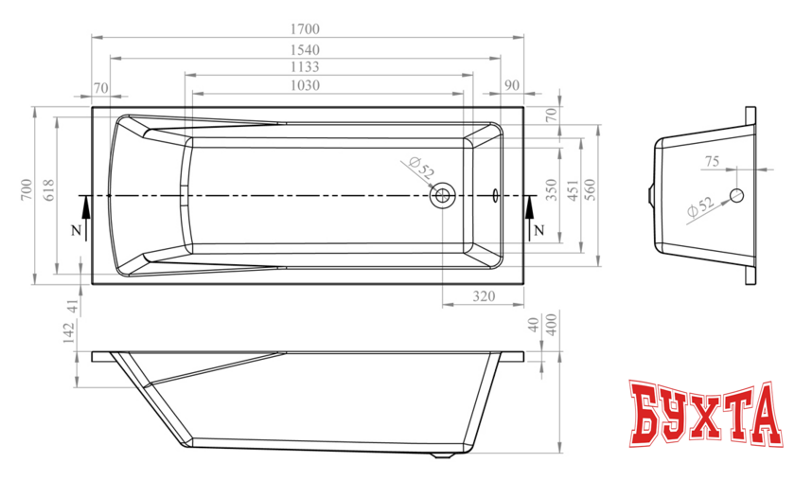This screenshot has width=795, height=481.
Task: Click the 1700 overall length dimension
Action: pyautogui.click(x=305, y=29)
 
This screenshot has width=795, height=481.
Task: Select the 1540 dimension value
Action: pyautogui.click(x=305, y=50)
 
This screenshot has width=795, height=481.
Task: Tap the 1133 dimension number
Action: pyautogui.click(x=305, y=66)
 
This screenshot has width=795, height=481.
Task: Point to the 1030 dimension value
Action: pyautogui.click(x=305, y=84)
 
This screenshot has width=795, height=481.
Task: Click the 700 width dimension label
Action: pyautogui.click(x=26, y=189)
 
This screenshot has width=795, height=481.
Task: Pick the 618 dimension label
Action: pyautogui.click(x=49, y=189)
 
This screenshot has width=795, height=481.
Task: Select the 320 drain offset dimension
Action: pyautogui.click(x=484, y=295)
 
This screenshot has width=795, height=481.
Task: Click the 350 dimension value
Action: pyautogui.click(x=552, y=189)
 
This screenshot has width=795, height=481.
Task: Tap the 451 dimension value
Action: pyautogui.click(x=573, y=189)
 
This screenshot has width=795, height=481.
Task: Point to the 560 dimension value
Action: pyautogui.click(x=591, y=189)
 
